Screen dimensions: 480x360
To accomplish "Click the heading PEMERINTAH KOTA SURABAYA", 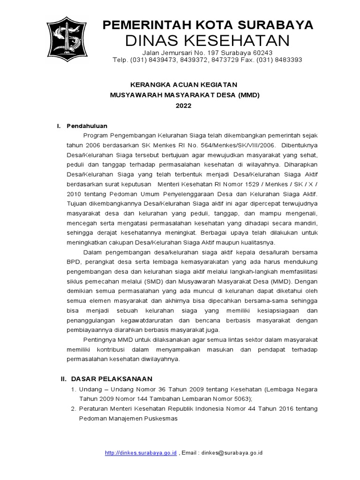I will [x=208, y=25].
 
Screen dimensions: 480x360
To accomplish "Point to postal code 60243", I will [x=262, y=52].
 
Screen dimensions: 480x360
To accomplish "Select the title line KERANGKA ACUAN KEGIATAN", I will [x=184, y=84].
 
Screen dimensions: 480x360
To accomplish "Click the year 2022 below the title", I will [x=184, y=106].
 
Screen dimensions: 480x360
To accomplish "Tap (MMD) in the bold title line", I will [x=248, y=95].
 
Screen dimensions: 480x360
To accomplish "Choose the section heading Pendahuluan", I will [x=87, y=126].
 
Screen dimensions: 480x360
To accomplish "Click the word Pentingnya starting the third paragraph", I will [x=98, y=339].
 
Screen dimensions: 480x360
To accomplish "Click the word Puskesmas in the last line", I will [x=162, y=419].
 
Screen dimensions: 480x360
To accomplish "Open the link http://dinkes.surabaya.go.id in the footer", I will [x=141, y=453].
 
